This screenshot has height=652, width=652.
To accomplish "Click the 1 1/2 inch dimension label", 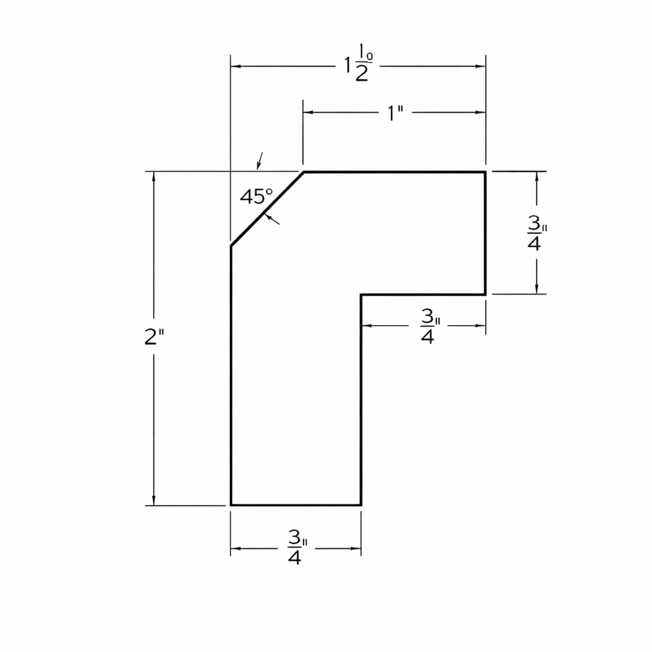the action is (359, 63).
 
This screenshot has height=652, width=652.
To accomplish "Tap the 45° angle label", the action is (256, 196).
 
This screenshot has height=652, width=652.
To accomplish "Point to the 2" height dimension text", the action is (154, 337).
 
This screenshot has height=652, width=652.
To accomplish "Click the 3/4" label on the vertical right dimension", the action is (537, 233).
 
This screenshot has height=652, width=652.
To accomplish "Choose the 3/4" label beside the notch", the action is (430, 327).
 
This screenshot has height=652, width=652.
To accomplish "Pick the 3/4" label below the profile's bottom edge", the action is (297, 547).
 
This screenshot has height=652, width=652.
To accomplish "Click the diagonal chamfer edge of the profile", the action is (267, 209).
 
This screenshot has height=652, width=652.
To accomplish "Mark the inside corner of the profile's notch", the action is (361, 294).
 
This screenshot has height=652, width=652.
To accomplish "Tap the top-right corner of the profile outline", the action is (485, 172).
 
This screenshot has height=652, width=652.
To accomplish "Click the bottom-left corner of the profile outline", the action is (231, 505).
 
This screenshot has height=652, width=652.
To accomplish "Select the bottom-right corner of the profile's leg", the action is (361, 505).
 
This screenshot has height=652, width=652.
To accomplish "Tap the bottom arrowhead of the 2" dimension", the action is (154, 500).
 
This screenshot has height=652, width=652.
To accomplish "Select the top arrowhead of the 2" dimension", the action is (154, 177).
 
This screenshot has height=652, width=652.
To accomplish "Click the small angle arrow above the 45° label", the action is (260, 161).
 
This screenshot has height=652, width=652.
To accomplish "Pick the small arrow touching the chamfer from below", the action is (272, 220).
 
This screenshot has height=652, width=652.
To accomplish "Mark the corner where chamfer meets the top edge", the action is (304, 172).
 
